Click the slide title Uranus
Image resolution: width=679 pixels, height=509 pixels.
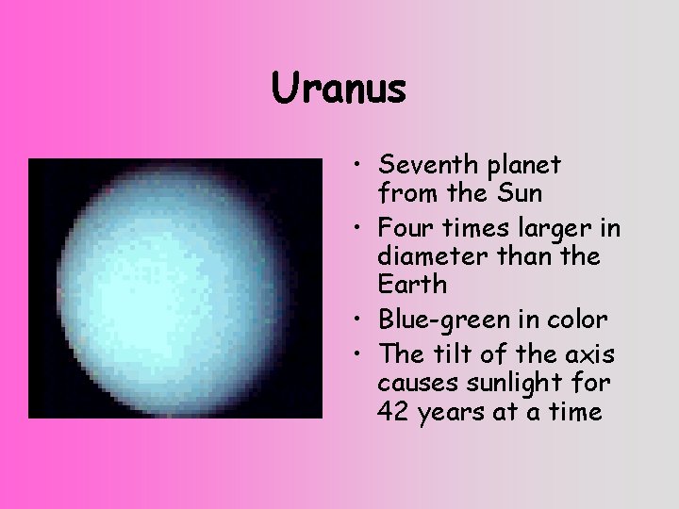point(339,90)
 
